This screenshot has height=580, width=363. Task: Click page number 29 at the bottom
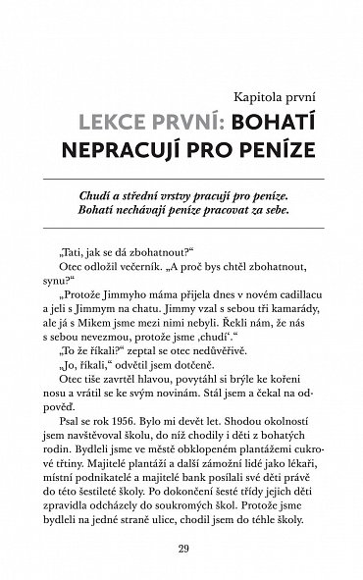[x=181, y=545]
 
